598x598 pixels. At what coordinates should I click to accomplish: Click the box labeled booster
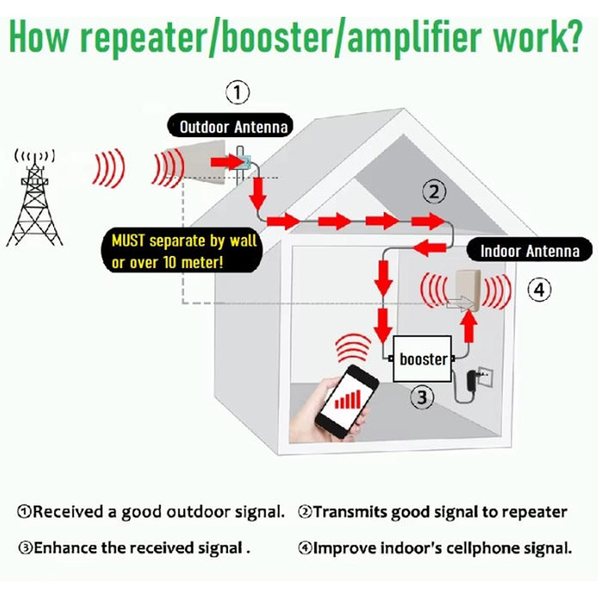(423, 360)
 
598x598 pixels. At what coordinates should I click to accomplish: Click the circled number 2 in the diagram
(434, 191)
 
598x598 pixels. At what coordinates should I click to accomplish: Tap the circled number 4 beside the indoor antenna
(540, 292)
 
